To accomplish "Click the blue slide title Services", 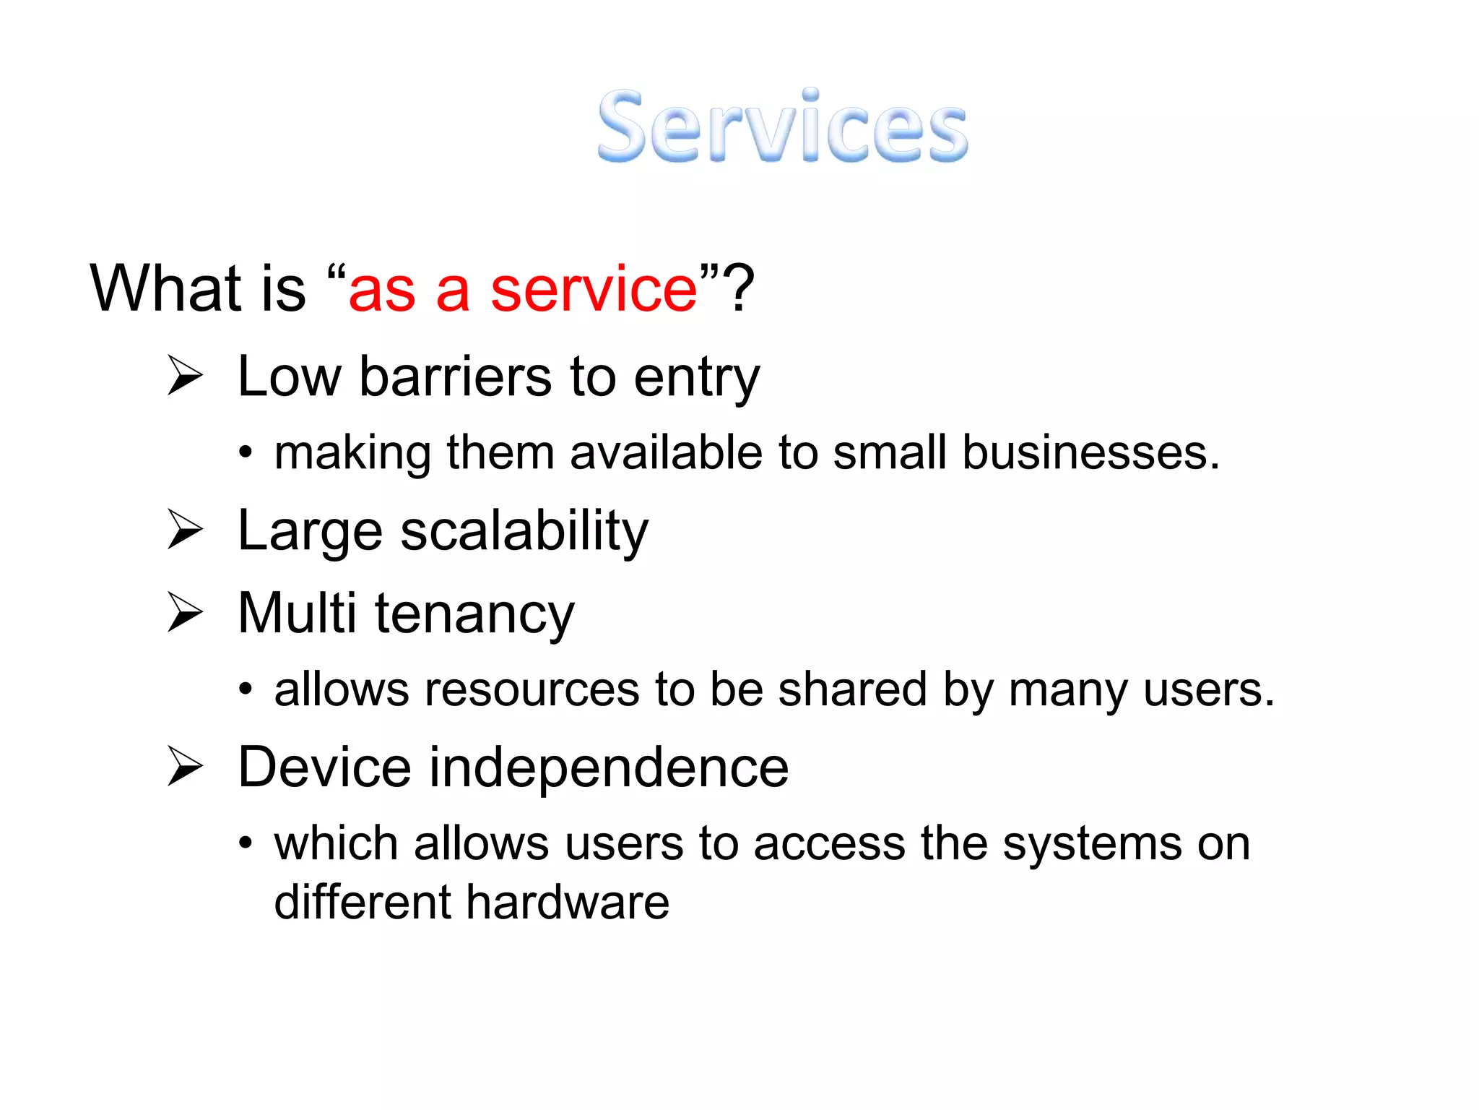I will click(x=782, y=126).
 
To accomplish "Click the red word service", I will click(x=594, y=289).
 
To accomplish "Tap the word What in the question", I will click(x=165, y=289).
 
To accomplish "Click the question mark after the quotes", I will click(x=739, y=289).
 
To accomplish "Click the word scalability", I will click(x=524, y=532).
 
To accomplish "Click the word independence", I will click(x=609, y=767).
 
